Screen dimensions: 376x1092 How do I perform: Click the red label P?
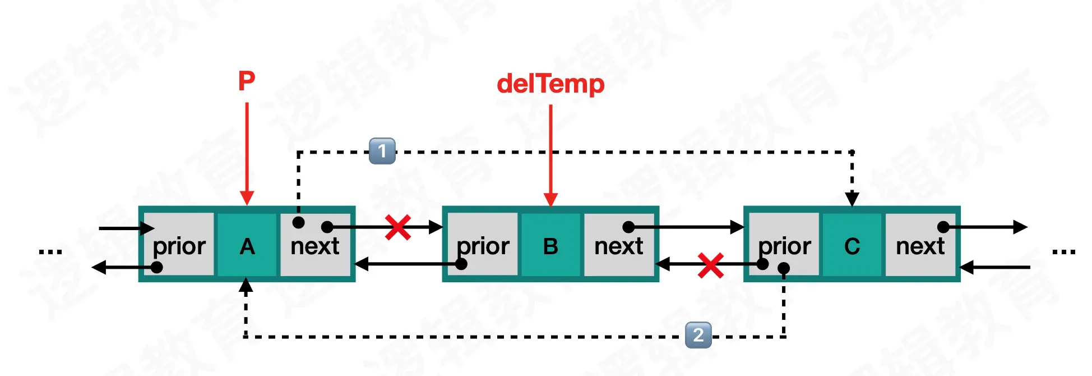coord(247,81)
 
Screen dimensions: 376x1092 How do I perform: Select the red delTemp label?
coord(550,84)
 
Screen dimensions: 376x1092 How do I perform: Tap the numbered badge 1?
coord(382,151)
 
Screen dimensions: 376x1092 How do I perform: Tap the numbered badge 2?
coord(698,335)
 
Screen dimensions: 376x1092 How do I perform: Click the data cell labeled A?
coord(247,245)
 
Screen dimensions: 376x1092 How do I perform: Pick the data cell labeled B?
coord(550,245)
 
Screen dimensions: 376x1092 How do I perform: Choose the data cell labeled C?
coord(852,245)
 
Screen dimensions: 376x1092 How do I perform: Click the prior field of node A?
coord(179,245)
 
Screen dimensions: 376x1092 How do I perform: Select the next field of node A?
coord(315,245)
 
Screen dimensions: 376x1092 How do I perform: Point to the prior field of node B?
coord(483,245)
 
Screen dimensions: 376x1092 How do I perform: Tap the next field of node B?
coord(618,245)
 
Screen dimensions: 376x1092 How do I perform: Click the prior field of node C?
coord(784,245)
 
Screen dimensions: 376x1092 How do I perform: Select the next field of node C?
coord(920,245)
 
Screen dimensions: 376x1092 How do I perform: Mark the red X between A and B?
coord(398,227)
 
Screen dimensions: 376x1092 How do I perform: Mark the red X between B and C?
coord(710,265)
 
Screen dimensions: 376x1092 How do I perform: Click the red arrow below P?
coord(247,152)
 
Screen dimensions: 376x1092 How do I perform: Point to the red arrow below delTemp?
coord(550,154)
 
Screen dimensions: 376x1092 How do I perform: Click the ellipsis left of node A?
coord(50,251)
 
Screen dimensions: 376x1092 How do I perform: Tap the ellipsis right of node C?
coord(1063,251)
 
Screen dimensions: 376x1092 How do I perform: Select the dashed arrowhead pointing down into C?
coord(852,199)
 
